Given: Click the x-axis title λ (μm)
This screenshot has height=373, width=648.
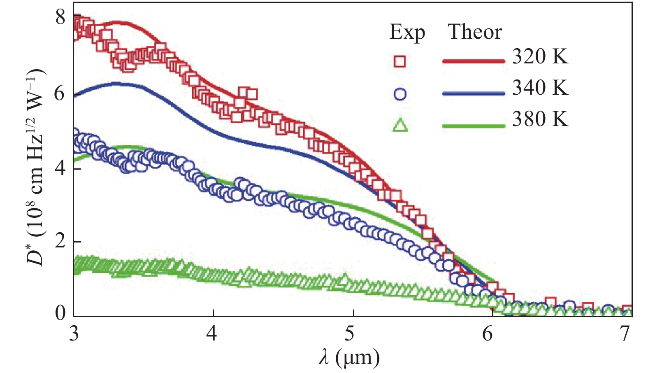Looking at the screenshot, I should pos(349,358).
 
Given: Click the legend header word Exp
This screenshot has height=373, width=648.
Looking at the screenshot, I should pos(407,32).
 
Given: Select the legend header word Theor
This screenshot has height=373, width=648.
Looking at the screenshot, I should pos(475,32).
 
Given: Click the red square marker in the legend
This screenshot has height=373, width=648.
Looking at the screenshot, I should pos(400,61).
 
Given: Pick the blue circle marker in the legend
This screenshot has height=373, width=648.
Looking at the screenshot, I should pos(400,94).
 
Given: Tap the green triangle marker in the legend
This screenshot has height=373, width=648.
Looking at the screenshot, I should pos(400,125).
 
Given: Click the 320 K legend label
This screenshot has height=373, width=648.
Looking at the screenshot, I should pos(540,56).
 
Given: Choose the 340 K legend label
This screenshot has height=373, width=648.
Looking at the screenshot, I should pos(540,88).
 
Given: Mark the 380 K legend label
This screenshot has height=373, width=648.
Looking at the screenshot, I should pos(540,119).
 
